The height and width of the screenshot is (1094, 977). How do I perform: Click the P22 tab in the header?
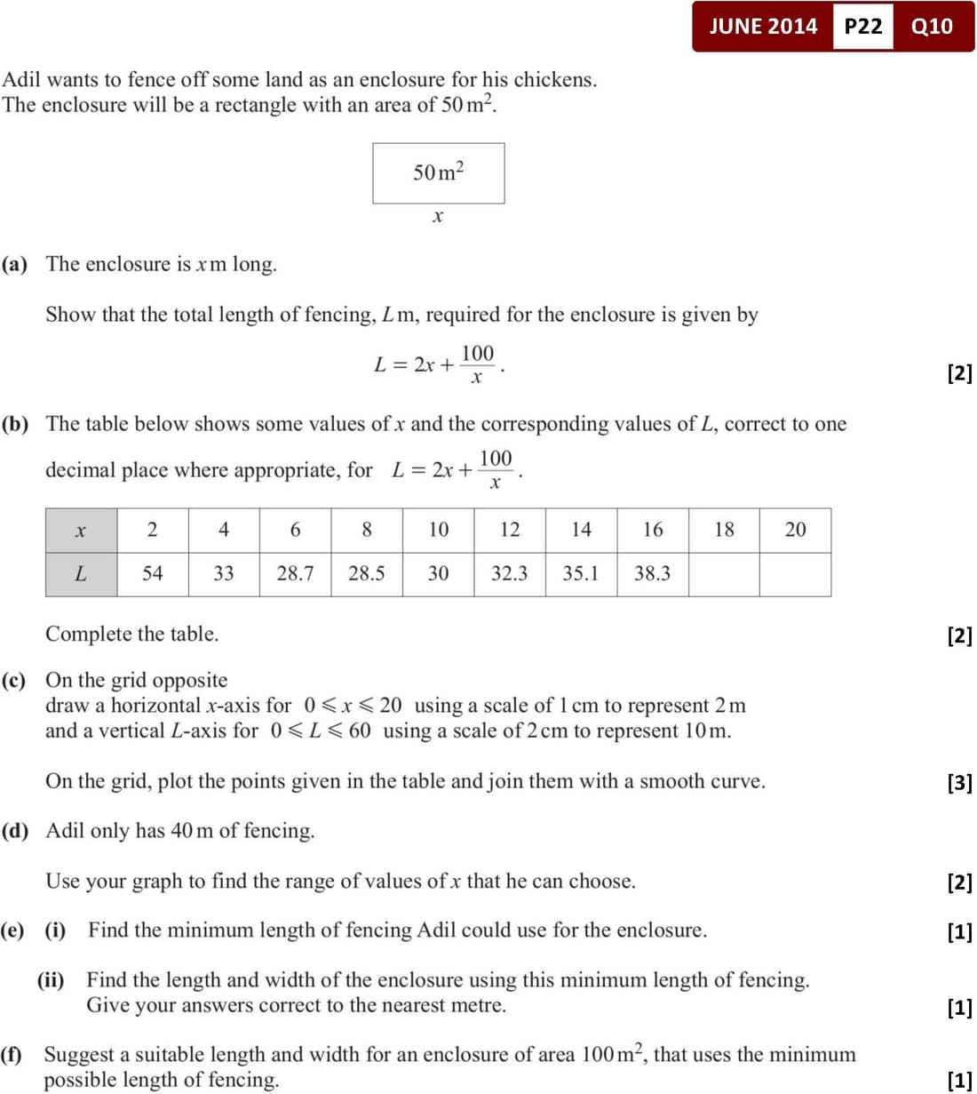[x=863, y=26]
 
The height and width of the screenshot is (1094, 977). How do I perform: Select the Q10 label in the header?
[x=932, y=26]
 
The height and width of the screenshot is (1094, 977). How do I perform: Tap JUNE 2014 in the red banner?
[x=763, y=26]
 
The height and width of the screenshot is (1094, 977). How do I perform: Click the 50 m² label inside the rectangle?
[x=439, y=172]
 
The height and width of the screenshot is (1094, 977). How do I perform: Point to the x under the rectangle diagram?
[x=437, y=216]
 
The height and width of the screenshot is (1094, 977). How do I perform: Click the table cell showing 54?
[x=153, y=574]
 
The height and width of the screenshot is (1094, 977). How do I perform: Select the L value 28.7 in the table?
[x=295, y=574]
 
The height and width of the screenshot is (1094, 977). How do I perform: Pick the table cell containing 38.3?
[x=652, y=574]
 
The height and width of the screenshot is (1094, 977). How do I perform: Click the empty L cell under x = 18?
[x=724, y=574]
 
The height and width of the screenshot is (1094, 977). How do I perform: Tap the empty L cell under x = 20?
[x=795, y=574]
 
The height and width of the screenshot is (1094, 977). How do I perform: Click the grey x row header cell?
[x=81, y=531]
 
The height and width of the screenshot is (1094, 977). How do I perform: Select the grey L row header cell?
[x=81, y=574]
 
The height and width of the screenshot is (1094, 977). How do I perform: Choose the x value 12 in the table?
[x=510, y=530]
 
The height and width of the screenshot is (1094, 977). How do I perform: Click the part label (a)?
[x=15, y=264]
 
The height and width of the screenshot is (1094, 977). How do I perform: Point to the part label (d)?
[x=15, y=831]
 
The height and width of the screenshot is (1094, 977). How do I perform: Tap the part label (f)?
[x=12, y=1055]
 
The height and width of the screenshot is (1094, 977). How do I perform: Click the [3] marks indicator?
[x=959, y=783]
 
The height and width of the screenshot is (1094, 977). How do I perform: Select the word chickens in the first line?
[x=555, y=80]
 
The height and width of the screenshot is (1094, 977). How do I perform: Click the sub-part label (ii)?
[x=51, y=980]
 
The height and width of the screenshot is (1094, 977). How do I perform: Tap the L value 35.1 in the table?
[x=581, y=574]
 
